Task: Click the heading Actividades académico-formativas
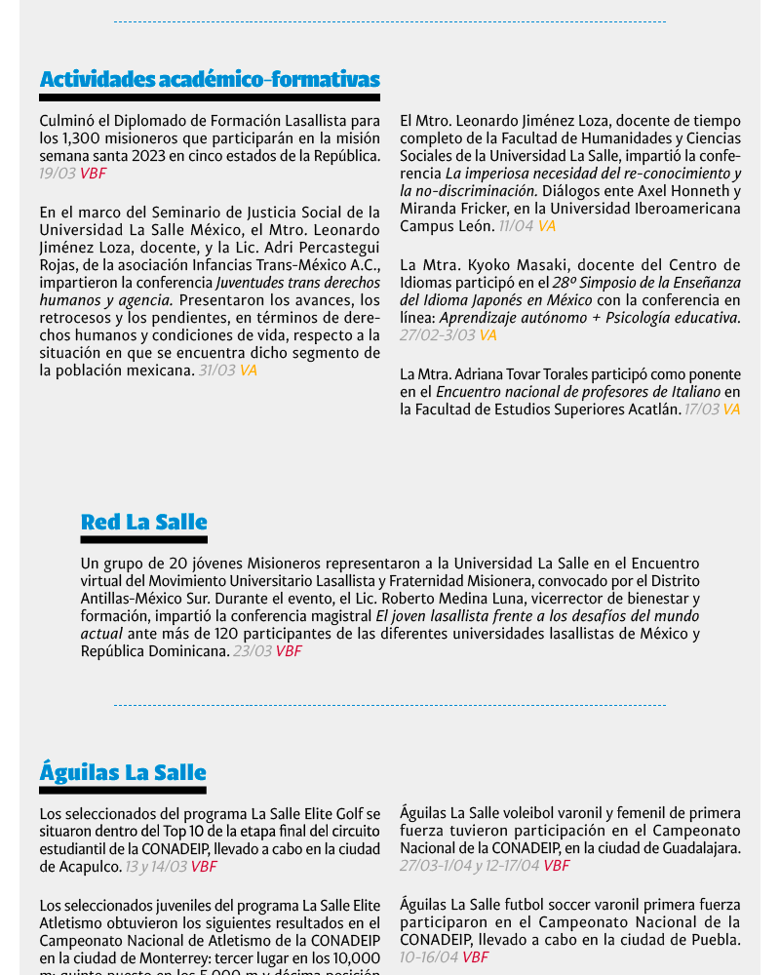[210, 79]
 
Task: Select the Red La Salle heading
[144, 522]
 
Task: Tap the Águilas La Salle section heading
[123, 772]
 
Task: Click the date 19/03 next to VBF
[58, 174]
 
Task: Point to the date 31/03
[216, 370]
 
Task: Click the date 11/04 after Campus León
[516, 226]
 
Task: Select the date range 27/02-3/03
[438, 335]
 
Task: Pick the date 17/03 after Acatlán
[701, 409]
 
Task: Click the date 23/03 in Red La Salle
[252, 651]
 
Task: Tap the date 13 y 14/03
[156, 867]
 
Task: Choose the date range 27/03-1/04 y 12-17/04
[470, 866]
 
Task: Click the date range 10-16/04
[429, 957]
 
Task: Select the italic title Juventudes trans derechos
[298, 283]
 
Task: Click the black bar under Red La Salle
[144, 539]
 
